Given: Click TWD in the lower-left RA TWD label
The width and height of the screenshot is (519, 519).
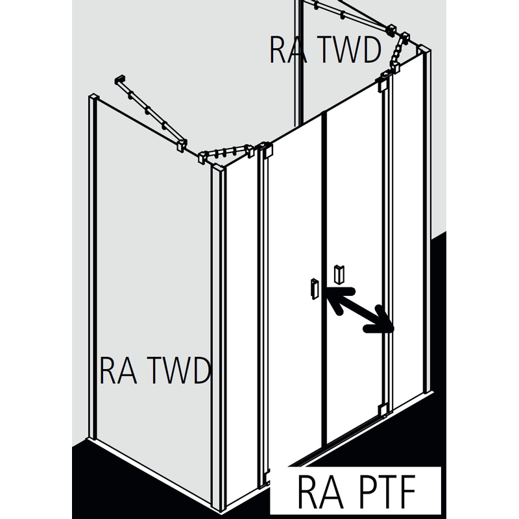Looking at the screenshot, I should [x=181, y=370].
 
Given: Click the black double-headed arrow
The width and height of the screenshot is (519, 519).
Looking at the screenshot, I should [x=359, y=310].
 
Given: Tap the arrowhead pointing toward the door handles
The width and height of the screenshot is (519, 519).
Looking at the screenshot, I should [x=332, y=295].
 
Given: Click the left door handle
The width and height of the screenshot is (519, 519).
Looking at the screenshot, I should [x=314, y=289].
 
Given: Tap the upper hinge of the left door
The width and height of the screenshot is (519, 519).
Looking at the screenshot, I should [x=265, y=151].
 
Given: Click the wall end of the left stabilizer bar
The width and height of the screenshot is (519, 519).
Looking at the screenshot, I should [x=120, y=81].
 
